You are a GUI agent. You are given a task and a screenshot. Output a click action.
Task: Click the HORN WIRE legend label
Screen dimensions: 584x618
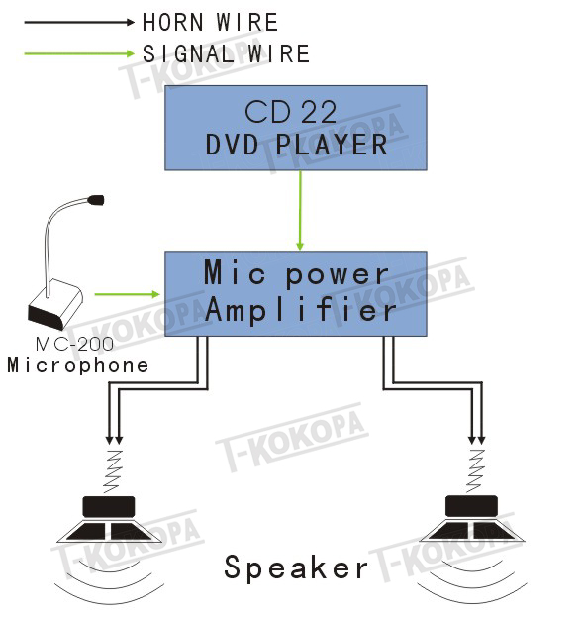point(210,22)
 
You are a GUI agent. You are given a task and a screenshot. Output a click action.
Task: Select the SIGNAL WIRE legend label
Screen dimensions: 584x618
point(226,53)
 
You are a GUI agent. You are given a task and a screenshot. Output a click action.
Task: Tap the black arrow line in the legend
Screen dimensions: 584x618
point(79,22)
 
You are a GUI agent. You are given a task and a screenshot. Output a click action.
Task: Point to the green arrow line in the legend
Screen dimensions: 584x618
point(79,53)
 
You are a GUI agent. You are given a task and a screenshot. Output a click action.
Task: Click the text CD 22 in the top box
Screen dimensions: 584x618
point(291,112)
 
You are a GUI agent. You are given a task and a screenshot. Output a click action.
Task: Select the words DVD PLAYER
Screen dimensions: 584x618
point(297,145)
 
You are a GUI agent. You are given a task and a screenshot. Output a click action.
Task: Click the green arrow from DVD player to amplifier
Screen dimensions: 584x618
point(300,211)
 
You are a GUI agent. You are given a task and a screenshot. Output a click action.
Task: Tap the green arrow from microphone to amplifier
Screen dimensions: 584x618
point(128,294)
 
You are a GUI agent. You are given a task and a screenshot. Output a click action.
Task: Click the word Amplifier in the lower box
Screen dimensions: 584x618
point(300,309)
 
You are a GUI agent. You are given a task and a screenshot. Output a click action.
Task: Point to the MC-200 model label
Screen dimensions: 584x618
point(74,344)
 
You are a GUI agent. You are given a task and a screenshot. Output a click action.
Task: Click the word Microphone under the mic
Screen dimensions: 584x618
point(78,365)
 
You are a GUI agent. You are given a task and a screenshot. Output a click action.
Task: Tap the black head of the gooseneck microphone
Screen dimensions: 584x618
point(96,200)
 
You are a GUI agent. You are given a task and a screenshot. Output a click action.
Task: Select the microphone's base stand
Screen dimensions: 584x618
point(55,304)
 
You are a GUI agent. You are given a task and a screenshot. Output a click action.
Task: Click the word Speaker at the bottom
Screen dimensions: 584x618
point(296,567)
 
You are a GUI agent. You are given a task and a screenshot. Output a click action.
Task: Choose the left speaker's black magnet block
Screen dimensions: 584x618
point(109,506)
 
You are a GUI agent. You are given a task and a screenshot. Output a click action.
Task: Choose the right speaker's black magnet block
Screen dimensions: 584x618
point(471,506)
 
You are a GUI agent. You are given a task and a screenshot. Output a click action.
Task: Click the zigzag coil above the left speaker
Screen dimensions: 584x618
point(113,471)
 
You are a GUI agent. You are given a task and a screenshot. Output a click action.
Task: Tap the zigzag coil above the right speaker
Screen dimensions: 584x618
point(475,470)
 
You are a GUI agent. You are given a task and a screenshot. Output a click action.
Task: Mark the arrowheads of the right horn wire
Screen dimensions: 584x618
point(476,440)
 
